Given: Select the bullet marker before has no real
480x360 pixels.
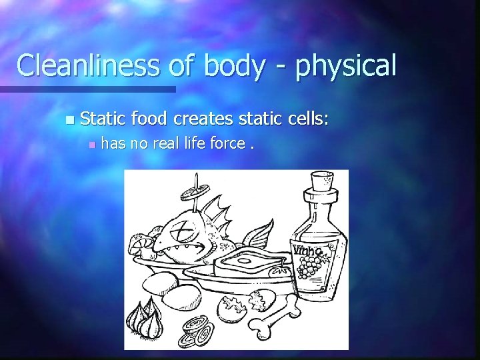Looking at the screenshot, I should coord(92,143).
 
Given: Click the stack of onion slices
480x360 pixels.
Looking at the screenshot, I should coord(197,329).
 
